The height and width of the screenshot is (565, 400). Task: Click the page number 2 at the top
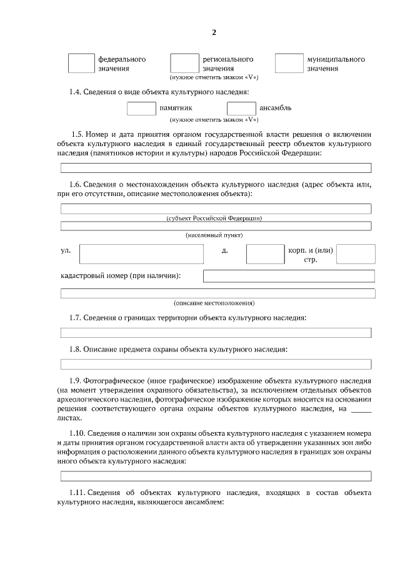pos(214,32)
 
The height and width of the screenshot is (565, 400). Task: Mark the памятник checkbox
pos(141,108)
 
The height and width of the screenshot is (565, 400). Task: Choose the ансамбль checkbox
pos(241,108)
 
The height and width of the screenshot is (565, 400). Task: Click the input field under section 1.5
pos(216,168)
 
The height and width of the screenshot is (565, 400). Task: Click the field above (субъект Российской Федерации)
pos(216,209)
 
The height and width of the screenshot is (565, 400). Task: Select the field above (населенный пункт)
pos(216,225)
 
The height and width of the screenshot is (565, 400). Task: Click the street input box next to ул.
pos(142,254)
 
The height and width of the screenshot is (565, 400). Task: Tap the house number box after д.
pos(265,254)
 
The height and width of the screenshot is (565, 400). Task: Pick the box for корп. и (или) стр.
pos(356,254)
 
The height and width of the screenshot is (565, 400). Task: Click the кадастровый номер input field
pos(289,276)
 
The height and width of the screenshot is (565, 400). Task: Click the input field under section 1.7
pos(216,333)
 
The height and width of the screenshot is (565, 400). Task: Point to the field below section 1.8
pos(216,364)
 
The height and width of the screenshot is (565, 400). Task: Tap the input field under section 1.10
pos(216,476)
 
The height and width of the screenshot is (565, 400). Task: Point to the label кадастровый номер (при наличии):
pos(121,276)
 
